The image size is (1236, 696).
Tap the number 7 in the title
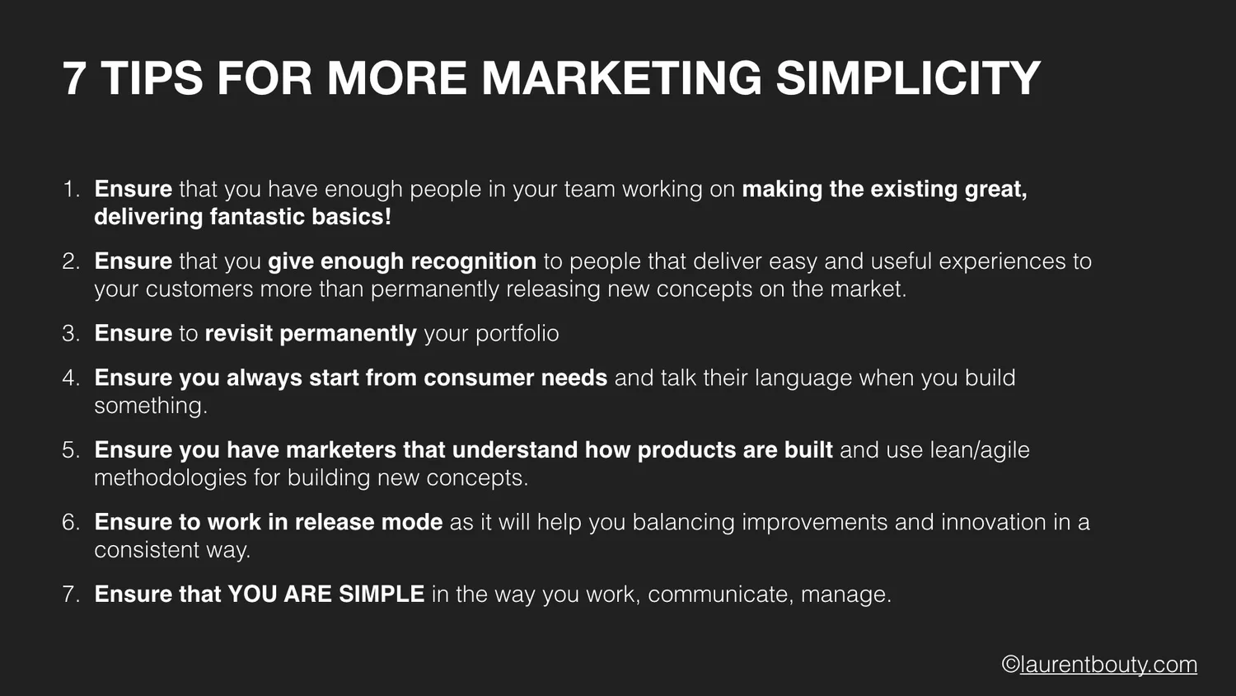(x=74, y=78)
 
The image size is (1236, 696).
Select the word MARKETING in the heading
(x=621, y=78)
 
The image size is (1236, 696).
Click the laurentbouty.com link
(x=1108, y=665)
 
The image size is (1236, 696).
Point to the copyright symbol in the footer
(x=1010, y=665)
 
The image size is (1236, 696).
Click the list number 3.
(x=70, y=333)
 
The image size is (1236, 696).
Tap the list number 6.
(x=70, y=522)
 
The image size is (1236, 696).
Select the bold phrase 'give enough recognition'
(x=402, y=261)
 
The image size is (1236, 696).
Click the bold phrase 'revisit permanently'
(x=311, y=333)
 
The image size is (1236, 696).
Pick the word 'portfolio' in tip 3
(x=517, y=333)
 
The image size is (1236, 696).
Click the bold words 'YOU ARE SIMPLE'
(x=325, y=594)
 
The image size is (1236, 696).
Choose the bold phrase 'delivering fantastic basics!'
(x=242, y=217)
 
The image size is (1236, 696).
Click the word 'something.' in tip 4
(x=150, y=406)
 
